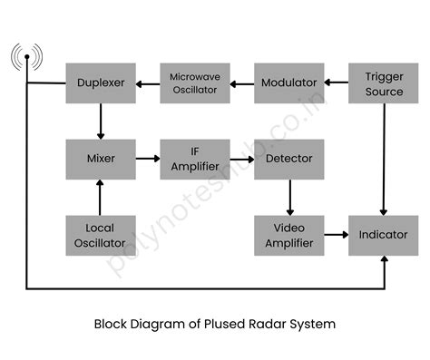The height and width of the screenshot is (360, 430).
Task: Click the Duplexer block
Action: tap(101, 83)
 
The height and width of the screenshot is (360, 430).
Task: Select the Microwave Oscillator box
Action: tap(195, 83)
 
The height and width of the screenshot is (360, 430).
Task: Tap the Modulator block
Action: tap(288, 83)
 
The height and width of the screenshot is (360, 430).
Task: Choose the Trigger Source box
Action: tap(384, 83)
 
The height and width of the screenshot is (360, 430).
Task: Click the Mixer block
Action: tap(101, 159)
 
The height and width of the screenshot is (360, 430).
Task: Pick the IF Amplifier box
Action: tap(195, 159)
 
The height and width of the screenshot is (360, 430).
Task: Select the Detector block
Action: tap(288, 159)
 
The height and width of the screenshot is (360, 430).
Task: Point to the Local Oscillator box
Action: tap(101, 235)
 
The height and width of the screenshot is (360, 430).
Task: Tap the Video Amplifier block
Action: tap(288, 235)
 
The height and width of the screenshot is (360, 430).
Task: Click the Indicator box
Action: tap(384, 235)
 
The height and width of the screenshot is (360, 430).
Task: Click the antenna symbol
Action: tap(26, 59)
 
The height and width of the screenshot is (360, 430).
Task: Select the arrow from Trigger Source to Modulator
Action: tap(337, 83)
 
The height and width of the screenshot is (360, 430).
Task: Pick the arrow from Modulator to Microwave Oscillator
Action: tap(242, 83)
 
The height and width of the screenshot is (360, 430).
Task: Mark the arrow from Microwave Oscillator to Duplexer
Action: tap(148, 83)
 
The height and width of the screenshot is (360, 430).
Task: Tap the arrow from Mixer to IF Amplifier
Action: tap(148, 159)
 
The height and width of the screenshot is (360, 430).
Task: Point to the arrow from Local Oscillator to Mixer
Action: tap(101, 197)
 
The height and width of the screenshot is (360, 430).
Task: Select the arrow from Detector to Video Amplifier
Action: tap(289, 197)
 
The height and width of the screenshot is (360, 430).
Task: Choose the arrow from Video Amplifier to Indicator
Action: tap(337, 235)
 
